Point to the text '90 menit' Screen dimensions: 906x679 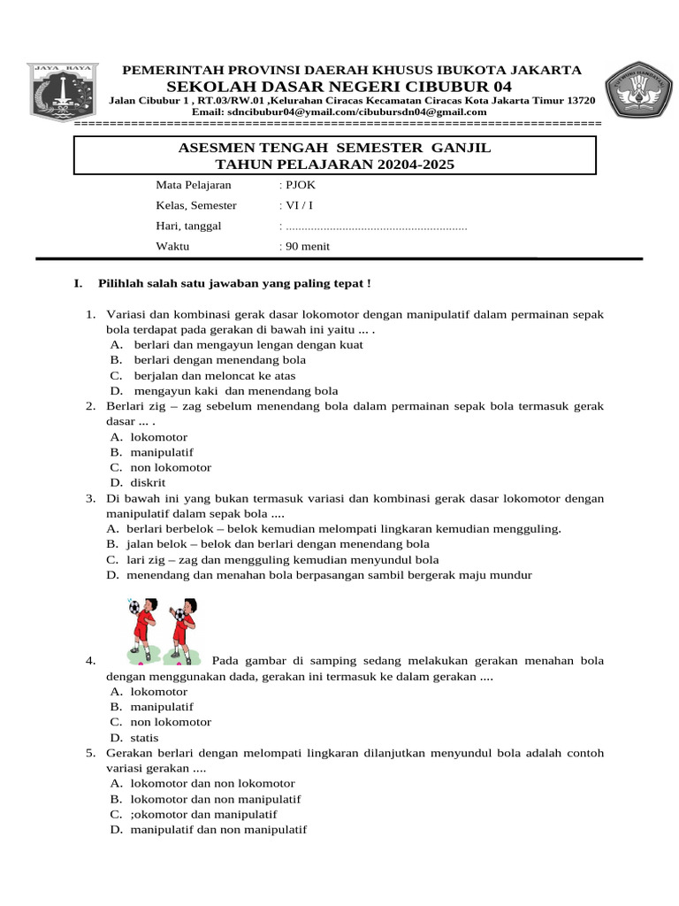[307, 246]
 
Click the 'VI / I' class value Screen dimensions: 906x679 [299, 205]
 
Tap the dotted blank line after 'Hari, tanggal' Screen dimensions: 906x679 [377, 226]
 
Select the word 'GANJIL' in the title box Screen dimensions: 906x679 [461, 148]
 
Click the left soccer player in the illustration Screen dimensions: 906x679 [141, 629]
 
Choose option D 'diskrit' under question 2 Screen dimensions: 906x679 [148, 482]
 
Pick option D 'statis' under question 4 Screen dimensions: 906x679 [144, 737]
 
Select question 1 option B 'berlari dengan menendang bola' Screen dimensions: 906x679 [219, 360]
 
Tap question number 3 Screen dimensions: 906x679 [90, 498]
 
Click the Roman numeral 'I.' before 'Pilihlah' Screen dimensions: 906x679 [79, 283]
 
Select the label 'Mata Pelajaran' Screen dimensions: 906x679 [194, 185]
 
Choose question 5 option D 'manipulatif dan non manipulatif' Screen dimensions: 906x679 [217, 829]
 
